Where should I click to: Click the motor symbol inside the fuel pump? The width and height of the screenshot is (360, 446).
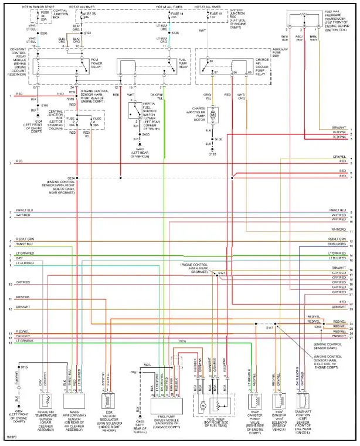(202, 405)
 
